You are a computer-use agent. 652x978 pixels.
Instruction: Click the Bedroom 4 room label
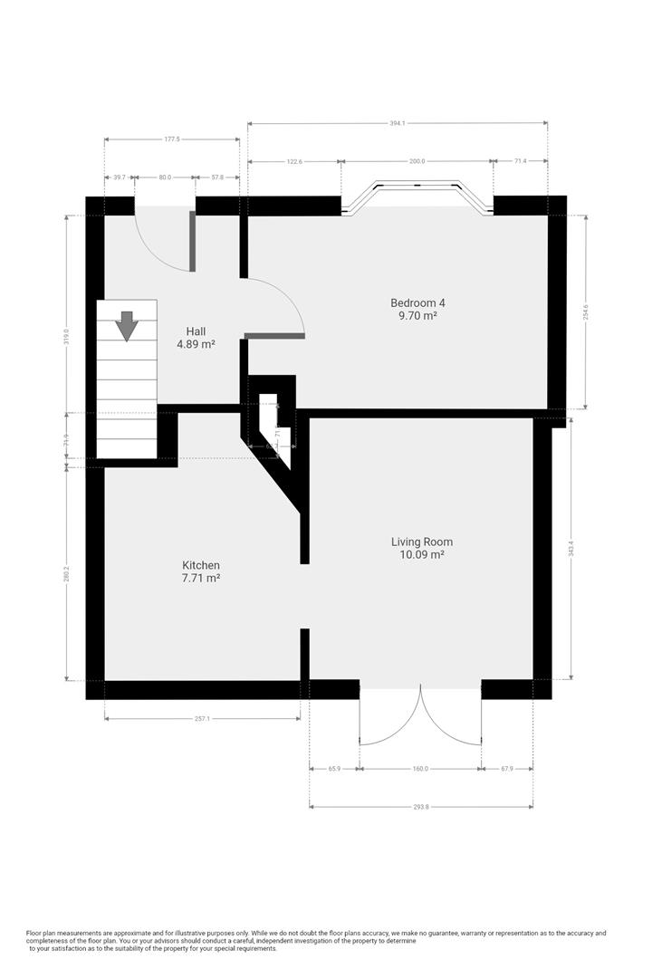click(417, 302)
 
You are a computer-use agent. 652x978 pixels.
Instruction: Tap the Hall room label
click(196, 331)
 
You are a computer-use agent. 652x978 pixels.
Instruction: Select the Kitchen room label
click(201, 565)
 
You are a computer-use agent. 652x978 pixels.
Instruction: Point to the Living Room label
click(422, 542)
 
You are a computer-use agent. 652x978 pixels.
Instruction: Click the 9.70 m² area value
click(417, 316)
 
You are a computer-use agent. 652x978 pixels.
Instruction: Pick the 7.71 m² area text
click(201, 578)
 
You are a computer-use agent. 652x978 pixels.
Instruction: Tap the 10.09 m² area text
click(422, 554)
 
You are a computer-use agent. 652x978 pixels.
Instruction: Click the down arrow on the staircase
click(127, 325)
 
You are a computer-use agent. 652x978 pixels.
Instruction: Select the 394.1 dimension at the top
click(398, 124)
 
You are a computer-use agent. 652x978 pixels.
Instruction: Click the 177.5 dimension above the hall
click(172, 139)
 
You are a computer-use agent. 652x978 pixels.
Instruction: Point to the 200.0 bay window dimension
click(417, 161)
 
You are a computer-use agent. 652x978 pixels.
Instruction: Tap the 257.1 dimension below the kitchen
click(202, 718)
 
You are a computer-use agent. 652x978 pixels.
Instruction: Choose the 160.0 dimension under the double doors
click(420, 769)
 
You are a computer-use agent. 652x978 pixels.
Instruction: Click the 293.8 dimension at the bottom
click(420, 807)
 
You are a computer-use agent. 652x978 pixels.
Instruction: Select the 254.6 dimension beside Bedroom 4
click(586, 312)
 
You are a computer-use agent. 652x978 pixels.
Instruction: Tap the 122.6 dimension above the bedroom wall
click(293, 161)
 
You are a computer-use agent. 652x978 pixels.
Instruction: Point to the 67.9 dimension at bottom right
click(506, 769)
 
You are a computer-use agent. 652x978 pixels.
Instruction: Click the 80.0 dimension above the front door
click(165, 177)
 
